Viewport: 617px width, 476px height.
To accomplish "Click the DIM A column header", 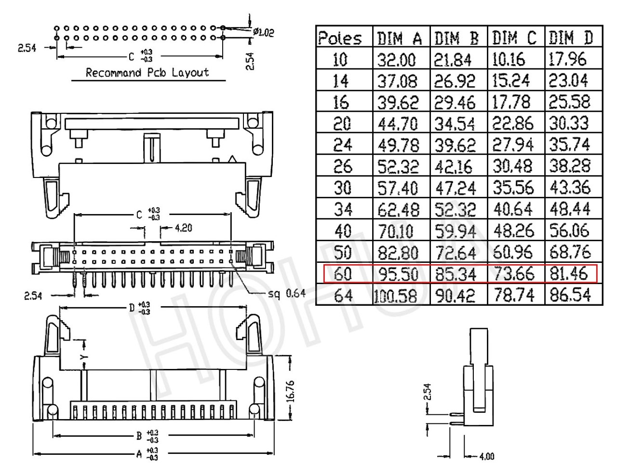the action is coord(399,38).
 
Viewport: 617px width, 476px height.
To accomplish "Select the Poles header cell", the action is coord(340,38).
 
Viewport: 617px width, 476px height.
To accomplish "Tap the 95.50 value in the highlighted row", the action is coord(399,274).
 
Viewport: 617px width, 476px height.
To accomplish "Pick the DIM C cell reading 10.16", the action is coord(509,59).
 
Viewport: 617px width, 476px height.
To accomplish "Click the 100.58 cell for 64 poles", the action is coord(395,296).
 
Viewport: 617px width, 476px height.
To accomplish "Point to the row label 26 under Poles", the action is coord(343,166).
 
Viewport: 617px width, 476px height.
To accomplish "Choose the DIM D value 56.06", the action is coord(569,231).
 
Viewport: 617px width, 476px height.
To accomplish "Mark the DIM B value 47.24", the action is coord(456,188).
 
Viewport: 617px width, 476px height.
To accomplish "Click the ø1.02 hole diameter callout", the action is coord(263,32).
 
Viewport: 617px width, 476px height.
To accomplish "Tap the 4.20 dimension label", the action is coord(184,228).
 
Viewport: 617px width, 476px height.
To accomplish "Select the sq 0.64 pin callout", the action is coord(287,293).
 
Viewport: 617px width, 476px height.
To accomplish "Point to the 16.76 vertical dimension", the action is coord(291,392).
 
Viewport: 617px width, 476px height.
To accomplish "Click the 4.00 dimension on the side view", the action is coord(487,456).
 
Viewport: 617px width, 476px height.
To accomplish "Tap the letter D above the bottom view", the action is coord(132,307).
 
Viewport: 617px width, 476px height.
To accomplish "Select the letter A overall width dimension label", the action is coord(139,454).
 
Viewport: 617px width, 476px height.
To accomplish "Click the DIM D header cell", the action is coord(571,38).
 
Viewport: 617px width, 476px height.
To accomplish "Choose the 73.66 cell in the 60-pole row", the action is coord(514,274).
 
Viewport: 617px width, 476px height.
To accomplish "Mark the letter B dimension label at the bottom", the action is coord(139,436).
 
